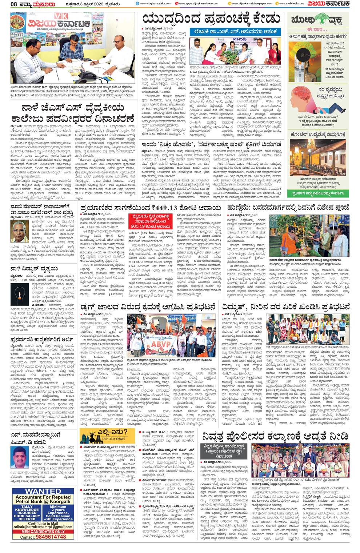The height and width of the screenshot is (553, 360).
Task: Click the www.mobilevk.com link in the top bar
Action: coord(291,4)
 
